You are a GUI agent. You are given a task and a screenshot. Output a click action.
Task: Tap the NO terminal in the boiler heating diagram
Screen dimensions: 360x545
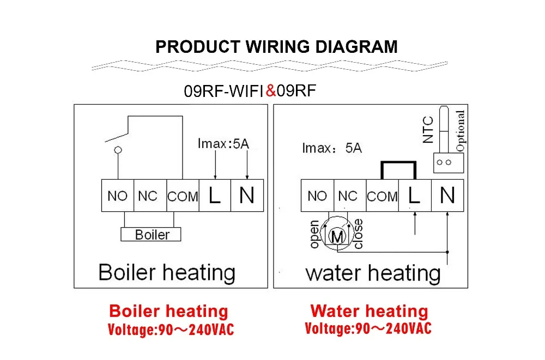coord(117,196)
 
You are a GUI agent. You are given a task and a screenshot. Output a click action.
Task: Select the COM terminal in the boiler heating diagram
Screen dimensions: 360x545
coord(183,196)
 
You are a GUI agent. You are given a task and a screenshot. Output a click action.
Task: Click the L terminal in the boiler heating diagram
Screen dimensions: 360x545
coord(215,196)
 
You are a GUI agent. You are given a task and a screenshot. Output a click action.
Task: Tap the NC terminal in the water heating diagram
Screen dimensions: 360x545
coord(348,196)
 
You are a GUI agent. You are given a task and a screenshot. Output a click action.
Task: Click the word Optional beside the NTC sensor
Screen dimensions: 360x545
coord(461,131)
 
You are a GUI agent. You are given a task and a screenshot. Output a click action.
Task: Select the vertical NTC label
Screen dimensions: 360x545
coord(428,130)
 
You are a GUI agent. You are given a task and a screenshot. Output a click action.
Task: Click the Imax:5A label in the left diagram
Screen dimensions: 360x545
coord(223,144)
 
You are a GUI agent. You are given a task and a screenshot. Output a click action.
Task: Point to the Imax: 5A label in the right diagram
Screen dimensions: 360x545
coord(332,148)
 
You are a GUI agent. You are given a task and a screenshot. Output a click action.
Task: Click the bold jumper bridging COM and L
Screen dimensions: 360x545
coord(398,163)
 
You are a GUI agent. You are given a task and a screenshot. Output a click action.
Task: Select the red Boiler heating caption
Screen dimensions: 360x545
coord(168,312)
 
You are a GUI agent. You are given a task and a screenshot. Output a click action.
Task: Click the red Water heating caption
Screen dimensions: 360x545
coord(369,312)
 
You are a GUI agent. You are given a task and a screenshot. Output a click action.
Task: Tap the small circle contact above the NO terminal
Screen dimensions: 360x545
coord(118,149)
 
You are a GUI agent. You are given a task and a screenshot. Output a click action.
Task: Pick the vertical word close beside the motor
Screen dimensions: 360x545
coord(358,234)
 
